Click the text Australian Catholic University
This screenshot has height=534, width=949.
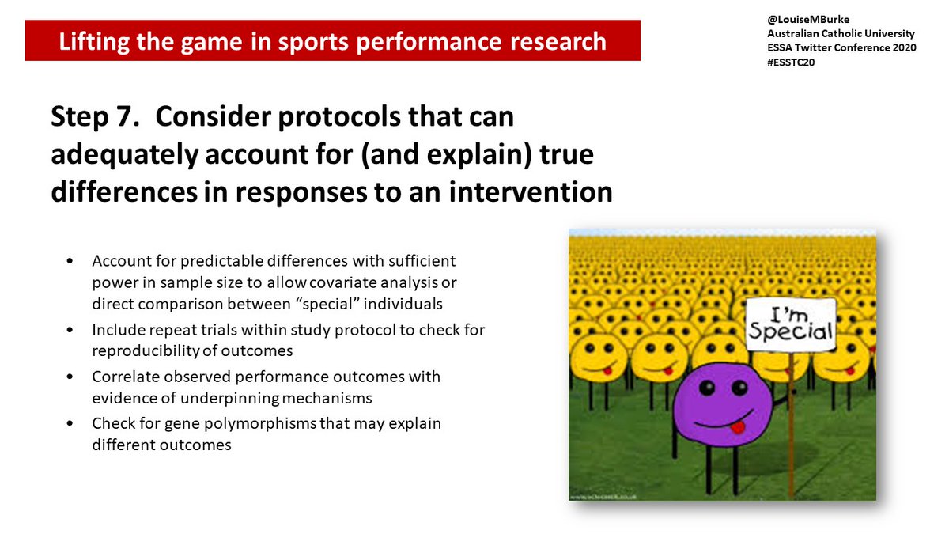(x=841, y=34)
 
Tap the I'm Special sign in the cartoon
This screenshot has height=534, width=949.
(x=790, y=325)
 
